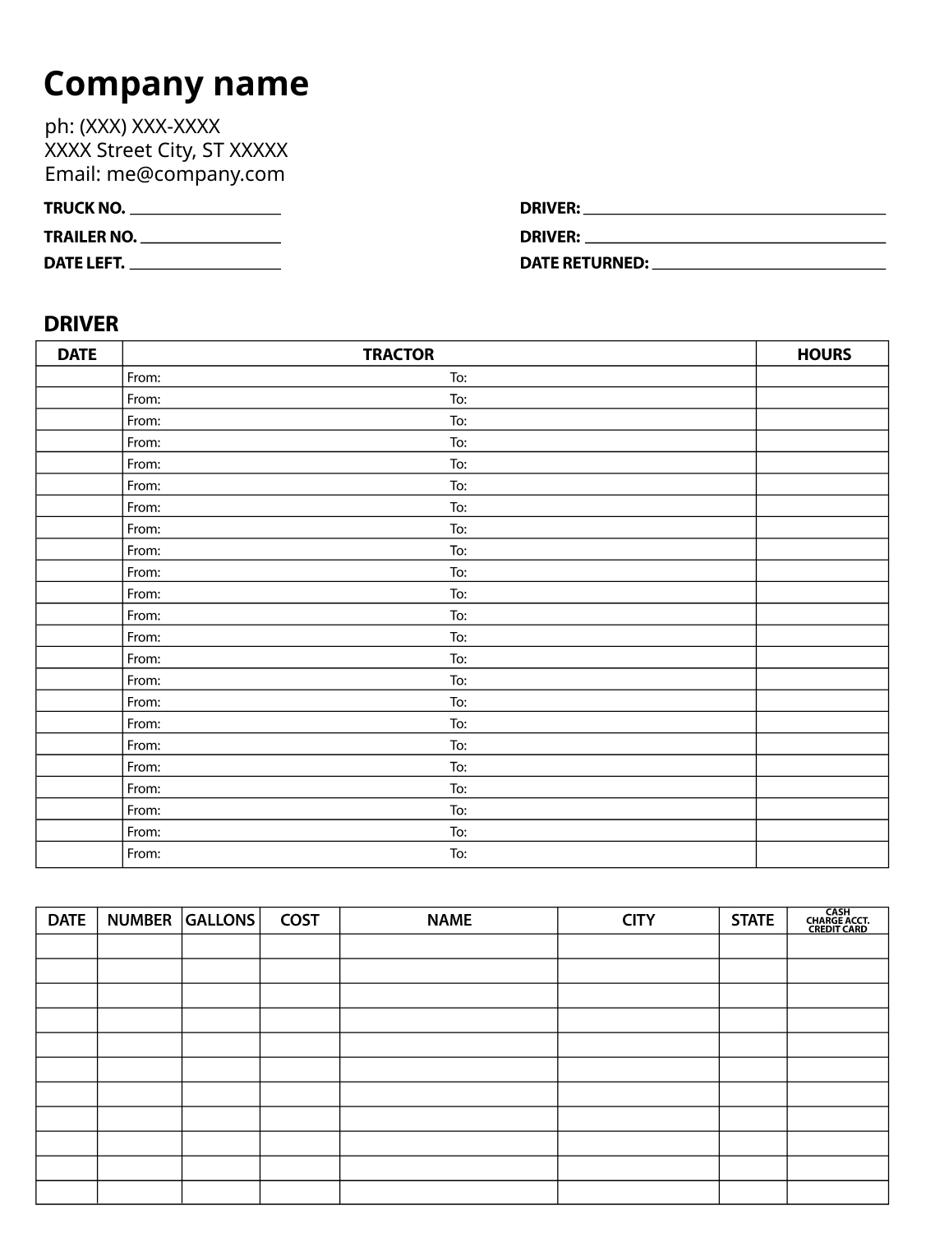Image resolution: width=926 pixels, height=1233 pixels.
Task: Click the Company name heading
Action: (x=176, y=84)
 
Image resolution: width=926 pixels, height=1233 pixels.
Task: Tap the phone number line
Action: (x=132, y=127)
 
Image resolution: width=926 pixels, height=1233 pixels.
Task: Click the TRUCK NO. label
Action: (x=84, y=208)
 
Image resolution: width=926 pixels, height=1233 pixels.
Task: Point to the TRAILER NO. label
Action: (x=90, y=237)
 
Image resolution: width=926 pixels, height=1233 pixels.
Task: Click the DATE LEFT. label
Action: (x=84, y=263)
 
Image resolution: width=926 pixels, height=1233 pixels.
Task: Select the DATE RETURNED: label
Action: (x=583, y=263)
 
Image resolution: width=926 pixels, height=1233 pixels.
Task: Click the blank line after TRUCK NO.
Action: (x=205, y=212)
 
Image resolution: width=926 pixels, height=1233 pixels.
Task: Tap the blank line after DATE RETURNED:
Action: (x=768, y=267)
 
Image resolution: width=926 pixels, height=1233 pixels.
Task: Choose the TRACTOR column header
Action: (x=398, y=354)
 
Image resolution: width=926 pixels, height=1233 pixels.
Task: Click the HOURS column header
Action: (x=823, y=354)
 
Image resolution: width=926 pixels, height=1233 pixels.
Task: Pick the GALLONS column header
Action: (x=220, y=920)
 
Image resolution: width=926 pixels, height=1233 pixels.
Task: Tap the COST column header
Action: (x=299, y=920)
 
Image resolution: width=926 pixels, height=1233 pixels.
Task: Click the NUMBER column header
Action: (x=139, y=920)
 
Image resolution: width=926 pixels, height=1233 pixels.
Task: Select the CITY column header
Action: (x=638, y=920)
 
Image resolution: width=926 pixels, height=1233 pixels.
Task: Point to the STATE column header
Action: (x=752, y=920)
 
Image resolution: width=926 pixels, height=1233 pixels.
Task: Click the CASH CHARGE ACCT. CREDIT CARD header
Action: (x=837, y=920)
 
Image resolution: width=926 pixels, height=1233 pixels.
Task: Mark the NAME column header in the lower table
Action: (x=449, y=920)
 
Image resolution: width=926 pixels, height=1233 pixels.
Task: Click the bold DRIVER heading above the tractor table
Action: (x=81, y=324)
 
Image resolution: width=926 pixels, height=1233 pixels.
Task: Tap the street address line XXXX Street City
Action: (x=166, y=150)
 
